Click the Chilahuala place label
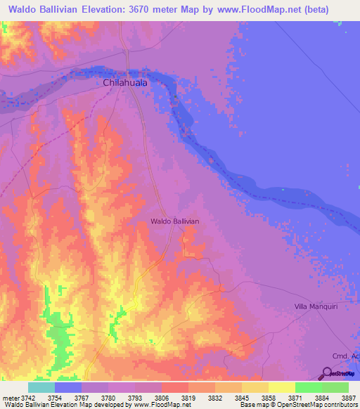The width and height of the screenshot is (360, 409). (x=126, y=83)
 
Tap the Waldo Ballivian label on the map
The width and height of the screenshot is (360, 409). (x=175, y=221)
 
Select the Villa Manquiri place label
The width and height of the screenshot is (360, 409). (x=321, y=307)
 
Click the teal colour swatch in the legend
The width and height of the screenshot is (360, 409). (x=41, y=387)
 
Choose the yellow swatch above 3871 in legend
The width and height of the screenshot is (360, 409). (x=281, y=387)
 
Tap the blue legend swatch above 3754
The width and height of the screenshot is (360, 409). (x=68, y=387)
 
